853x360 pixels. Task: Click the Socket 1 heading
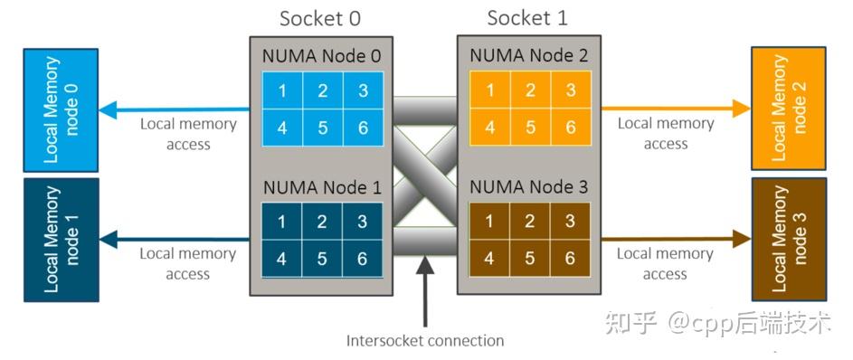click(x=527, y=18)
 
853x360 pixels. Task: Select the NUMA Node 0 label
click(x=321, y=56)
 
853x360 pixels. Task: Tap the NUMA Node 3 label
click(x=529, y=187)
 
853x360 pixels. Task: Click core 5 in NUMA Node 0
click(x=322, y=128)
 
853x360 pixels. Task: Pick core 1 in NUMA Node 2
click(x=489, y=90)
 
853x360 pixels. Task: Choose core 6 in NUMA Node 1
click(x=363, y=258)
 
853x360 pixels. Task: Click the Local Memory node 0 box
click(x=61, y=109)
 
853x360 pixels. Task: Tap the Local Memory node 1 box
click(x=61, y=239)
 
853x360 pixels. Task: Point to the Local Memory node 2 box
click(x=788, y=109)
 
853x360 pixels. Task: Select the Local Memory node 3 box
click(x=788, y=239)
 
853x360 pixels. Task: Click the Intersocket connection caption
click(x=425, y=341)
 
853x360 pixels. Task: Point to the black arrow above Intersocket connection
click(x=425, y=289)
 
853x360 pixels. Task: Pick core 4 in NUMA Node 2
click(x=489, y=128)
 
